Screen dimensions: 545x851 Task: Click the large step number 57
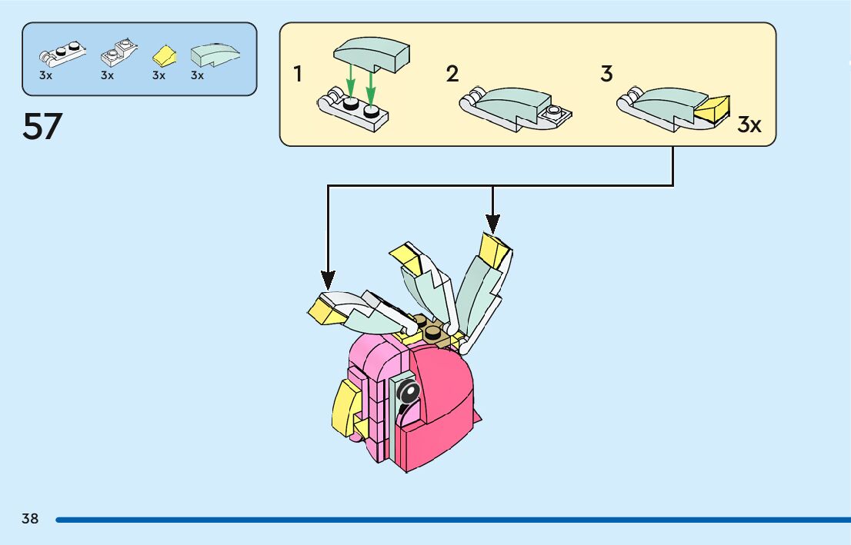coord(42,127)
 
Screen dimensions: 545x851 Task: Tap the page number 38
coord(30,519)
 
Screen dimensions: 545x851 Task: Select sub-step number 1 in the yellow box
coord(298,75)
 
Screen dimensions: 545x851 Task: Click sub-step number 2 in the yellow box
coord(452,75)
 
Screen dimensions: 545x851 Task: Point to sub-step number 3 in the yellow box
coord(606,75)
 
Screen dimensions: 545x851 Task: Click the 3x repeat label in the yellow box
coord(749,125)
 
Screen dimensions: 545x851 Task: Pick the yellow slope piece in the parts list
coord(163,55)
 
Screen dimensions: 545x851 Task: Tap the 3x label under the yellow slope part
coord(159,75)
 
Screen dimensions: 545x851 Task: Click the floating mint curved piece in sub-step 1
coord(372,56)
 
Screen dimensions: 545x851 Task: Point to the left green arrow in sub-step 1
coord(350,78)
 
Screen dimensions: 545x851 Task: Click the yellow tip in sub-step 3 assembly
coord(713,110)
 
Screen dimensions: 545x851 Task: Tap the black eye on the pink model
coord(409,394)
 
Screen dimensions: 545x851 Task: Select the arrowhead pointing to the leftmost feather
coord(329,280)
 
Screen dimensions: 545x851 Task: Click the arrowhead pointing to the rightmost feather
coord(492,222)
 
